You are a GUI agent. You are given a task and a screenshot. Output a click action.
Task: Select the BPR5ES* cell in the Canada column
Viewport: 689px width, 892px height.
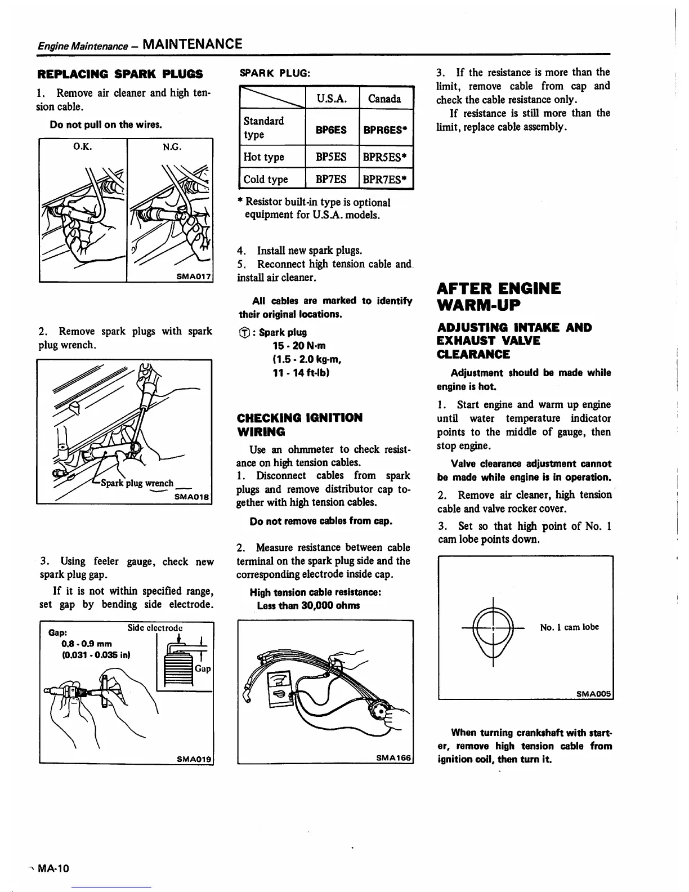pos(386,157)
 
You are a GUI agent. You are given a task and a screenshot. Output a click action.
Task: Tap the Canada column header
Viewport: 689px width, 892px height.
pos(384,99)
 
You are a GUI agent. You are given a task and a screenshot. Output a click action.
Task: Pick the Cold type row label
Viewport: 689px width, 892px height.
pos(266,180)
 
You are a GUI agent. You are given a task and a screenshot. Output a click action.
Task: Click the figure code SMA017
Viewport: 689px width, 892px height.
pos(193,276)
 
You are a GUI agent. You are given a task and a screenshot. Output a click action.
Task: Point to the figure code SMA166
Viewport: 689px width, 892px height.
pos(394,759)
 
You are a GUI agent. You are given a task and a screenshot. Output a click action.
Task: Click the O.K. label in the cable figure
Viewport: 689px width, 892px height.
pos(83,147)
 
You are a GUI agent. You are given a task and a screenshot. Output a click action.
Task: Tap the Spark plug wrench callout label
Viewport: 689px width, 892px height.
pos(137,483)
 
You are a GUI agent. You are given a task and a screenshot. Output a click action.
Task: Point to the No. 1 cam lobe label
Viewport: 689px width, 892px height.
pos(569,627)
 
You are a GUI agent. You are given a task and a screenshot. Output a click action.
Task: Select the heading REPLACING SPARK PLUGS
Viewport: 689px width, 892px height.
pos(120,74)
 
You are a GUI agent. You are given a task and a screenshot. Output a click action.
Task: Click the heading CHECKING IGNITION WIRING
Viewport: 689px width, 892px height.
pos(299,425)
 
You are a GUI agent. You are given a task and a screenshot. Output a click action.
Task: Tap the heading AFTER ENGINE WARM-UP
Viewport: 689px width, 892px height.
pos(499,297)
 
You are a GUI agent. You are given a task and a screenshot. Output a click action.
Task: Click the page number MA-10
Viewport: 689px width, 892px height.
pos(53,868)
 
